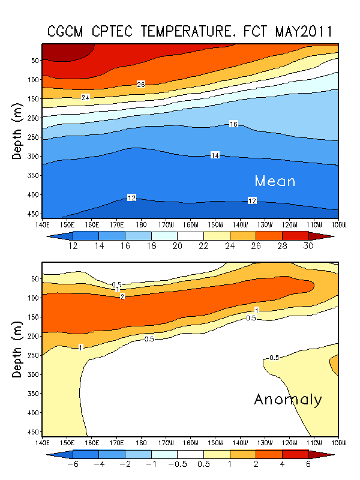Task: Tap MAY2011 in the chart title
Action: click(x=304, y=31)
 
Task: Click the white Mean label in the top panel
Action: click(x=275, y=181)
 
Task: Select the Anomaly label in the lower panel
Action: click(x=288, y=399)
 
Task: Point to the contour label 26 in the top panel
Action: click(x=141, y=84)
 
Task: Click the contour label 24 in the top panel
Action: click(x=86, y=97)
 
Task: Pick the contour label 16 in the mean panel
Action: click(x=234, y=124)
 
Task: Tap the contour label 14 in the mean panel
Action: click(x=215, y=155)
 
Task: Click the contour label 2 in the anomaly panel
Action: click(x=122, y=296)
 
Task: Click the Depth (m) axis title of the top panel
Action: click(x=18, y=130)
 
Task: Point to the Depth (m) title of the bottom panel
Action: click(x=18, y=348)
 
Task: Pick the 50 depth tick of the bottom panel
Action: click(x=34, y=278)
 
